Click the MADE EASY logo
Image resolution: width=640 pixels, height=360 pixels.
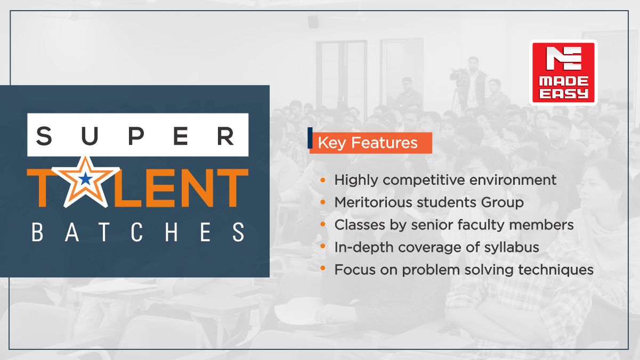coord(563,72)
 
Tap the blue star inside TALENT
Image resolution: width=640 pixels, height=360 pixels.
coord(85,179)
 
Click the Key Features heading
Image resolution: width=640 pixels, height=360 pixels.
coord(368,143)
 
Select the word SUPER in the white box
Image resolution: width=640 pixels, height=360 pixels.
coord(135,136)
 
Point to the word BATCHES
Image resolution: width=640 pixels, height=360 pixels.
coord(138,232)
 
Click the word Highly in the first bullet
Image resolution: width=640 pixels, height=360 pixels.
coord(356,181)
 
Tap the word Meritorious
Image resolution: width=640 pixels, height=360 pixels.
coord(373,202)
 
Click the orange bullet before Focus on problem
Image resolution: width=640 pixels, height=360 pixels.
coord(323,268)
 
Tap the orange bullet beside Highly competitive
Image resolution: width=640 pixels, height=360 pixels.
coord(323,180)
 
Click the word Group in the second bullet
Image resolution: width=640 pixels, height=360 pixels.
coord(503,203)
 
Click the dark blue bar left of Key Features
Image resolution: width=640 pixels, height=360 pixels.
coord(310,138)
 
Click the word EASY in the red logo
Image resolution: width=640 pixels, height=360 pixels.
coord(563,94)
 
